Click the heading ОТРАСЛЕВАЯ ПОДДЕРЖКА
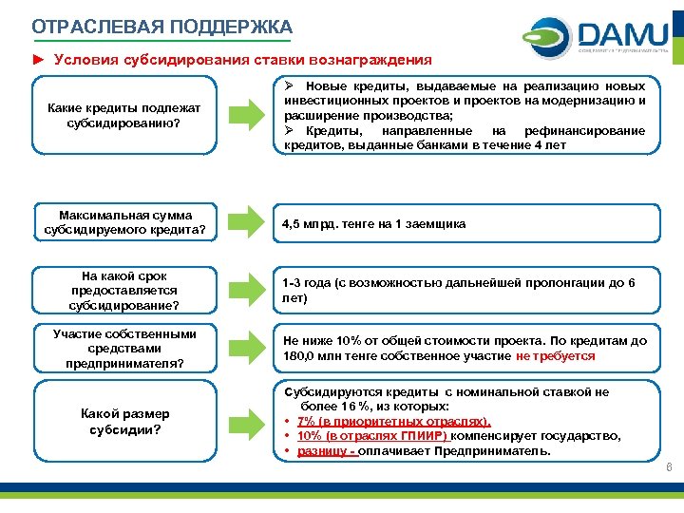click(161, 27)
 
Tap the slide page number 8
click(669, 466)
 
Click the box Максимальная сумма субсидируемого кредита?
click(124, 223)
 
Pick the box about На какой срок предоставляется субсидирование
click(123, 291)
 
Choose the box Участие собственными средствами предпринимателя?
click(124, 349)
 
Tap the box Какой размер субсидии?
click(123, 421)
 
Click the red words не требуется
click(556, 356)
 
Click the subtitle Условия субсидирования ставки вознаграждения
click(242, 60)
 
